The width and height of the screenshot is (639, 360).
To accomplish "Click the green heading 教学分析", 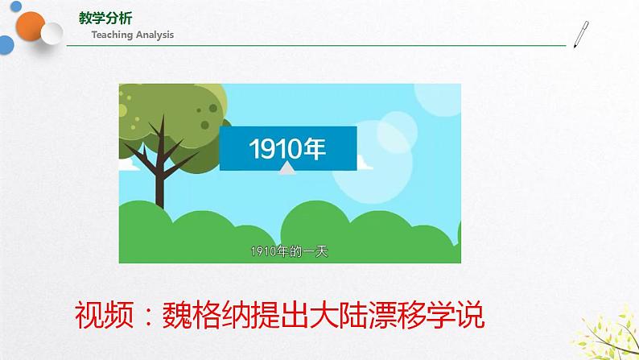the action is pyautogui.click(x=105, y=19).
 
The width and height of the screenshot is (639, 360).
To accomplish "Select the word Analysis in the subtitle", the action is pyautogui.click(x=155, y=35).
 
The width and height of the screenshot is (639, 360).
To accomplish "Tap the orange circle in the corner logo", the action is pyautogui.click(x=30, y=27).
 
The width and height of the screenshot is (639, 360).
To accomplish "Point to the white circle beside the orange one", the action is pyautogui.click(x=52, y=34).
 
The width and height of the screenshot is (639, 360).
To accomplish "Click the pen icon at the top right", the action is pyautogui.click(x=581, y=35).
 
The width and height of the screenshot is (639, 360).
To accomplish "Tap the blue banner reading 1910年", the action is pyautogui.click(x=288, y=148).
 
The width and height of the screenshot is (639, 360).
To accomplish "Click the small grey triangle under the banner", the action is pyautogui.click(x=287, y=168).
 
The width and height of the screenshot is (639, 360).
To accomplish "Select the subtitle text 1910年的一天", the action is pyautogui.click(x=290, y=251).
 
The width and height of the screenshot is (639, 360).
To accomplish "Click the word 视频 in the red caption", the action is pyautogui.click(x=105, y=315).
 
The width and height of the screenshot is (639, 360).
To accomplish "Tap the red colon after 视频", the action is pyautogui.click(x=149, y=316).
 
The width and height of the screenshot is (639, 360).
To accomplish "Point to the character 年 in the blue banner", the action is pyautogui.click(x=314, y=148).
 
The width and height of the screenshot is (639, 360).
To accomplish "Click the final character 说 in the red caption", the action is pyautogui.click(x=470, y=315).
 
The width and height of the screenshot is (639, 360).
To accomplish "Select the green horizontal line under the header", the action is pyautogui.click(x=316, y=45).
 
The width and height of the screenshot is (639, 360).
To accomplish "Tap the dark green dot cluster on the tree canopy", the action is pyautogui.click(x=207, y=115).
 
